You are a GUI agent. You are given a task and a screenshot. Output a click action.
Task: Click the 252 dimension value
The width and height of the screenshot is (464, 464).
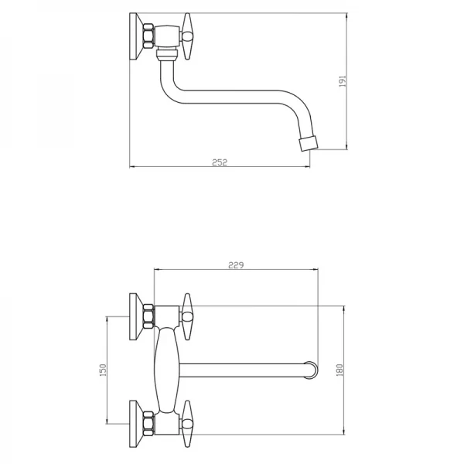(x=220, y=162)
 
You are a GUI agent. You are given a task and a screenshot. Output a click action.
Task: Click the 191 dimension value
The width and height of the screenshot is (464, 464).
(x=343, y=81)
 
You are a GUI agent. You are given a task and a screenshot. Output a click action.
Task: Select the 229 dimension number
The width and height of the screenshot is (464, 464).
(x=236, y=264)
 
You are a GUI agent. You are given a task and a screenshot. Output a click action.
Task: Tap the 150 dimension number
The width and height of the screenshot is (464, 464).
(x=103, y=370)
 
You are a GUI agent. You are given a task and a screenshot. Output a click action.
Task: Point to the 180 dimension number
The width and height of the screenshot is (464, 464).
(x=339, y=370)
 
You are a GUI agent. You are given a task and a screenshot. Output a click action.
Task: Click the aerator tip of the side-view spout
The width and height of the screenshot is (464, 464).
(x=309, y=143)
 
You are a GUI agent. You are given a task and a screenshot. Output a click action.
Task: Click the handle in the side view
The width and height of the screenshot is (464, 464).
(x=186, y=36)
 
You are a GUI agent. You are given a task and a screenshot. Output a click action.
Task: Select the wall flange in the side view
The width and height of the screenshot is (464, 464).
(x=137, y=36)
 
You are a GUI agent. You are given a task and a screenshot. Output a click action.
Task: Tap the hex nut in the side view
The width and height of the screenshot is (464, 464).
(x=148, y=36)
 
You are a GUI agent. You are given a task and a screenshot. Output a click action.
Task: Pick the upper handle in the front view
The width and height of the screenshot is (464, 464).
(x=186, y=316)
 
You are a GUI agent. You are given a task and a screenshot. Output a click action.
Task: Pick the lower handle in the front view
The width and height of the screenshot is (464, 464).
(x=186, y=424)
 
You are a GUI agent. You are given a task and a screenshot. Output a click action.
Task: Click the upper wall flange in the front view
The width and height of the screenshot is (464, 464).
(x=137, y=316)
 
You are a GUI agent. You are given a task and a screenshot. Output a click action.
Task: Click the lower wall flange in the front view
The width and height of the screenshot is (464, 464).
(x=137, y=424)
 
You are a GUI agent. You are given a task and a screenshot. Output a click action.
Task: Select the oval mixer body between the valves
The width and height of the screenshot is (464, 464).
(x=167, y=370)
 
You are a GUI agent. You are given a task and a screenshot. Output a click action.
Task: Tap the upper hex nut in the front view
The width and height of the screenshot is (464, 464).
(x=148, y=316)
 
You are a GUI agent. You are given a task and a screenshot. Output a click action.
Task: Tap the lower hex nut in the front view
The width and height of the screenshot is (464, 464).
(x=148, y=424)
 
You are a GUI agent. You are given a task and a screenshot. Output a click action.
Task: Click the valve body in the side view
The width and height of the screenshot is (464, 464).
(x=168, y=36)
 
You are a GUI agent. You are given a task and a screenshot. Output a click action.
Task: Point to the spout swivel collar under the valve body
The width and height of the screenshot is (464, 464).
(x=167, y=53)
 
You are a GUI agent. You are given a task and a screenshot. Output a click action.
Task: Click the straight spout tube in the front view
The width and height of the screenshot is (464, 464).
(x=243, y=370)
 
